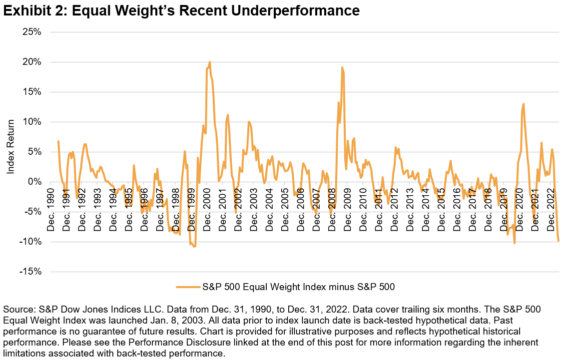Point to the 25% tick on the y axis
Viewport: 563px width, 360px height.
click(31, 32)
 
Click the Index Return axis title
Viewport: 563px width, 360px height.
click(10, 152)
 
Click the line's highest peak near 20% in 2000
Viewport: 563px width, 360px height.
click(209, 62)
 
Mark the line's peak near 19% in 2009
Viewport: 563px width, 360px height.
click(342, 67)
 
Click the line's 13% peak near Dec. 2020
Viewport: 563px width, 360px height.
click(523, 104)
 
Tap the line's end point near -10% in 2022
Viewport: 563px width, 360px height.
click(559, 241)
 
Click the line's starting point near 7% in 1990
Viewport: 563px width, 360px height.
click(58, 141)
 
